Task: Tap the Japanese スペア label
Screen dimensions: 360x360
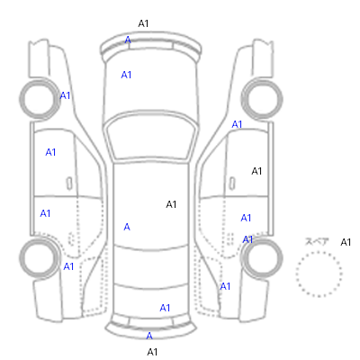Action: (317, 241)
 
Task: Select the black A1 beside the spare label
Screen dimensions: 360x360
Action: (346, 242)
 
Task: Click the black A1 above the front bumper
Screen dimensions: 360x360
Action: (143, 23)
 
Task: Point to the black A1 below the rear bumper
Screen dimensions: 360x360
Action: (152, 352)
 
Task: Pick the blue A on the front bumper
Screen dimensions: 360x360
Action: (128, 40)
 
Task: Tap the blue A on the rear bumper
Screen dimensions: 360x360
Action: (149, 336)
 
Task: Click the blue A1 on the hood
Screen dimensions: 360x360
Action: (126, 75)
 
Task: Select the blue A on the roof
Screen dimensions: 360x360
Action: (127, 227)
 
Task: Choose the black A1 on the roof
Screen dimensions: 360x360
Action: (171, 204)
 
